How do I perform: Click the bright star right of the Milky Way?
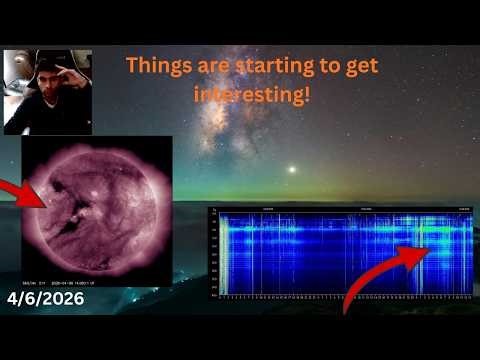click(x=292, y=169)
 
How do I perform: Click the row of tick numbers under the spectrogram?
click(x=340, y=297)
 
